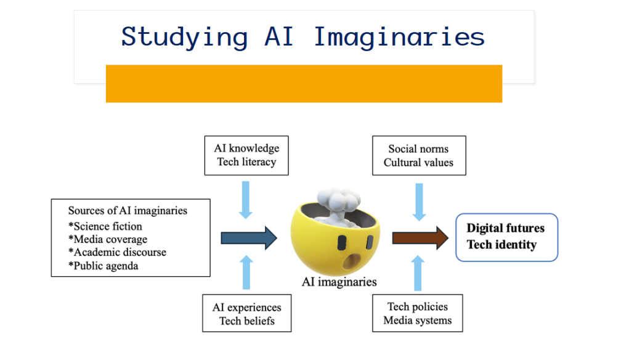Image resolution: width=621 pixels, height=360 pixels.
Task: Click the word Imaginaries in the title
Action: [x=399, y=37]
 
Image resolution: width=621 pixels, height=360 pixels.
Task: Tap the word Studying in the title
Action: [x=185, y=37]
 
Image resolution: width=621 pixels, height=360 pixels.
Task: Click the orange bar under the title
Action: [x=304, y=84]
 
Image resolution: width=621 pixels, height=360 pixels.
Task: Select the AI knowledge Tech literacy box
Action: [x=246, y=155]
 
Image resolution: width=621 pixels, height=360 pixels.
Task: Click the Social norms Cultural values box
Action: [x=419, y=155]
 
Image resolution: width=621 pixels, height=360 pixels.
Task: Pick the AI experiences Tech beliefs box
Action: [x=246, y=313]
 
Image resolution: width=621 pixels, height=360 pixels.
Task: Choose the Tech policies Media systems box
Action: [x=418, y=313]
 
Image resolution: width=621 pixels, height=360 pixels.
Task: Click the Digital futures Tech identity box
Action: [x=506, y=237]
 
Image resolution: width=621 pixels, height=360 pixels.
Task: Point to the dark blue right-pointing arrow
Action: [x=249, y=239]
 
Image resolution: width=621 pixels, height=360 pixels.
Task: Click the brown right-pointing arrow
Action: [x=420, y=239]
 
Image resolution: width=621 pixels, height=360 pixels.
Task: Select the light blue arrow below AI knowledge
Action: [x=246, y=200]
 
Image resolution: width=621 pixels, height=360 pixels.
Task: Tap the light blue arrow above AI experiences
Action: [x=246, y=272]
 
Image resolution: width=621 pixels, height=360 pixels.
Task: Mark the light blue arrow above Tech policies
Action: [x=418, y=273]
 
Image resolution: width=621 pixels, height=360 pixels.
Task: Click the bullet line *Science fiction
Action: [x=105, y=226]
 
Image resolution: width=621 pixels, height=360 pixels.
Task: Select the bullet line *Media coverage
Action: [x=108, y=239]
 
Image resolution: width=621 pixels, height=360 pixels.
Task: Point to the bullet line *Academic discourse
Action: [x=117, y=252]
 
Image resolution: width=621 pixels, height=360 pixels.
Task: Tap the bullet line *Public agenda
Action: [x=103, y=266]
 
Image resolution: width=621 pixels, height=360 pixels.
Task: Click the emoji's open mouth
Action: [x=351, y=261]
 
